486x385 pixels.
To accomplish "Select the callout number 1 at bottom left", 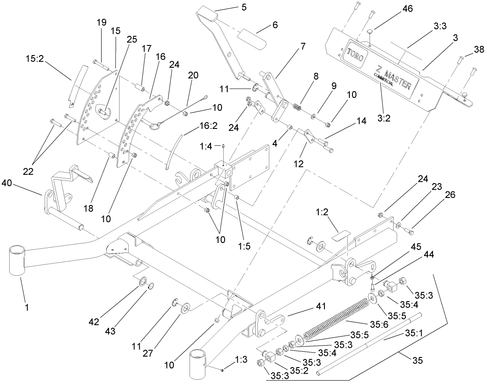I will (x=27, y=307).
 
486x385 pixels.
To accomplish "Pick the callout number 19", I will (x=101, y=22).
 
